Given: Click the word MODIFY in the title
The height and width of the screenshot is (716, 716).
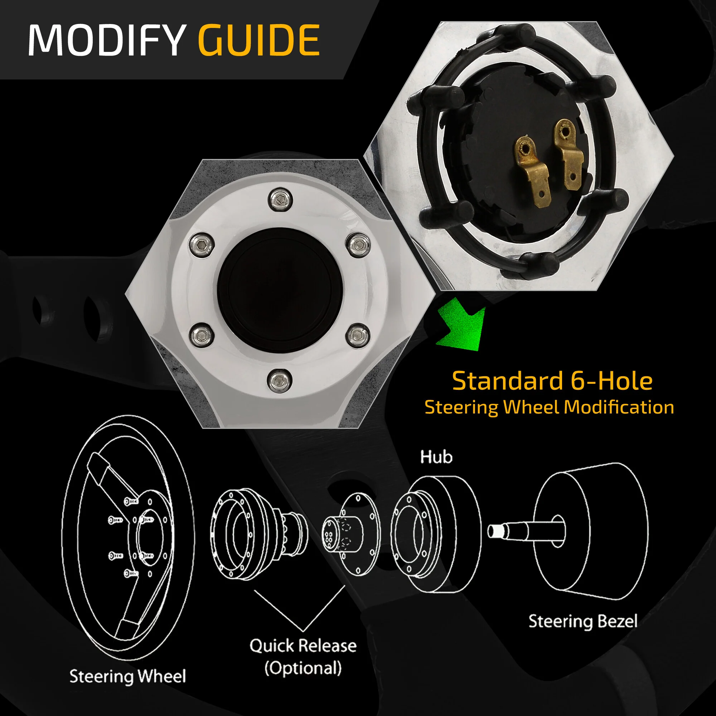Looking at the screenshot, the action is pos(107,40).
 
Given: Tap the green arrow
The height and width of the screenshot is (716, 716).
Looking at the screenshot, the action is pos(461,324).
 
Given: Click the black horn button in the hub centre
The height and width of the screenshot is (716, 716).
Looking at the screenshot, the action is pos(280,289).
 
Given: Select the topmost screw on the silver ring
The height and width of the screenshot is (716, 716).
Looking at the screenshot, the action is pos(281,200).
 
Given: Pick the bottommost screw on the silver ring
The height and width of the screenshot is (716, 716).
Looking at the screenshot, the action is pos(280,380).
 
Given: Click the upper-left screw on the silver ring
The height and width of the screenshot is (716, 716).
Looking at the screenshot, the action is pos(201,245).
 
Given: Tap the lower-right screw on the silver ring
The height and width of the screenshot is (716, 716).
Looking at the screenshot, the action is pos(358,335).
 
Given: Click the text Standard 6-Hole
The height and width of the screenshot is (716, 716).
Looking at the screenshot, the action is pos(552,381).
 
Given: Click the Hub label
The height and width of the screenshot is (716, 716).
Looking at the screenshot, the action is pos(436,457).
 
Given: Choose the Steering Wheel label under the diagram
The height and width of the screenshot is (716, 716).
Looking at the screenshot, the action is pos(127,676).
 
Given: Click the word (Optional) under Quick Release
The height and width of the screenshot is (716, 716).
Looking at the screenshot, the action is pos(303,668).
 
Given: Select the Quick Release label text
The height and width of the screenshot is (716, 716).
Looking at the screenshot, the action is pos(303,645).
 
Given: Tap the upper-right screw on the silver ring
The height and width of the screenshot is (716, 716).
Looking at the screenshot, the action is pos(358,244).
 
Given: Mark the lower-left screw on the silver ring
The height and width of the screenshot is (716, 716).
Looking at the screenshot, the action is pos(201,335).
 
